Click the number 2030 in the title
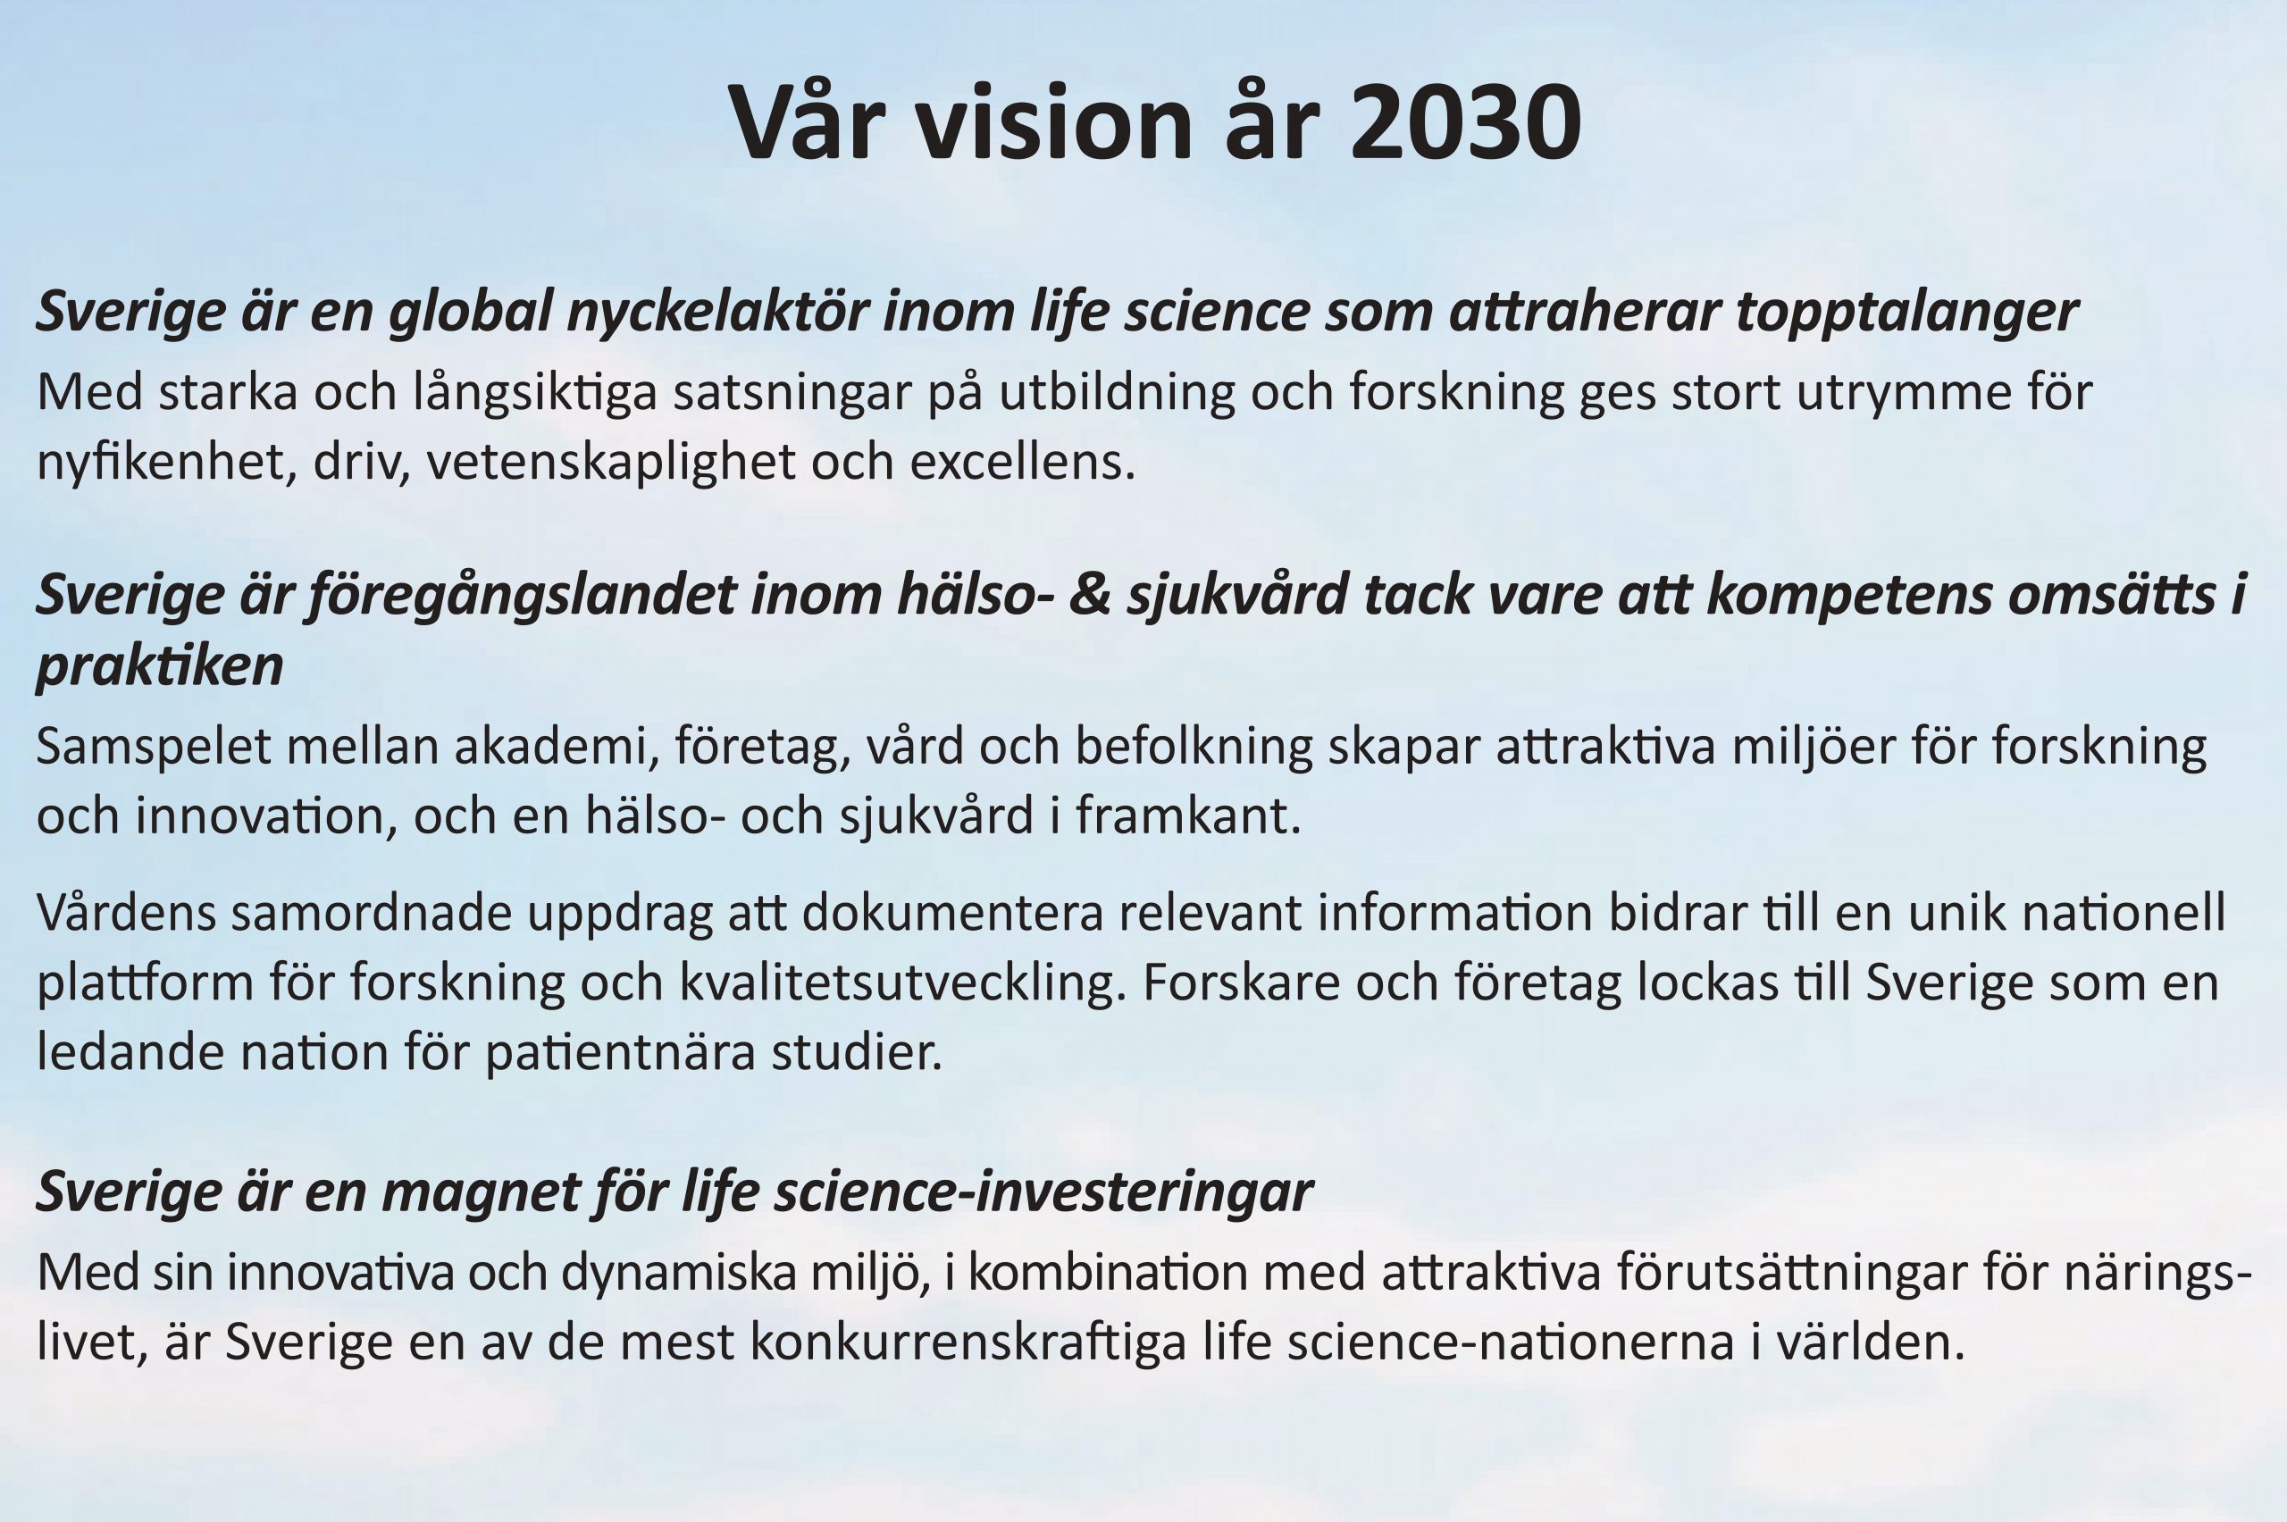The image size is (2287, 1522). coord(1465,123)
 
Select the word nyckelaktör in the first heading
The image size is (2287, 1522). coord(717,313)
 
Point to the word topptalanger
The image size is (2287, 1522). coord(1907,313)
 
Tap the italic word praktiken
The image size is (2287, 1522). coord(159,667)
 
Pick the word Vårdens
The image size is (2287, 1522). coord(126,914)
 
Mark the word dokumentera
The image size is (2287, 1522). coord(952,914)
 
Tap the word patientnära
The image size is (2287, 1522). coord(619,1052)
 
